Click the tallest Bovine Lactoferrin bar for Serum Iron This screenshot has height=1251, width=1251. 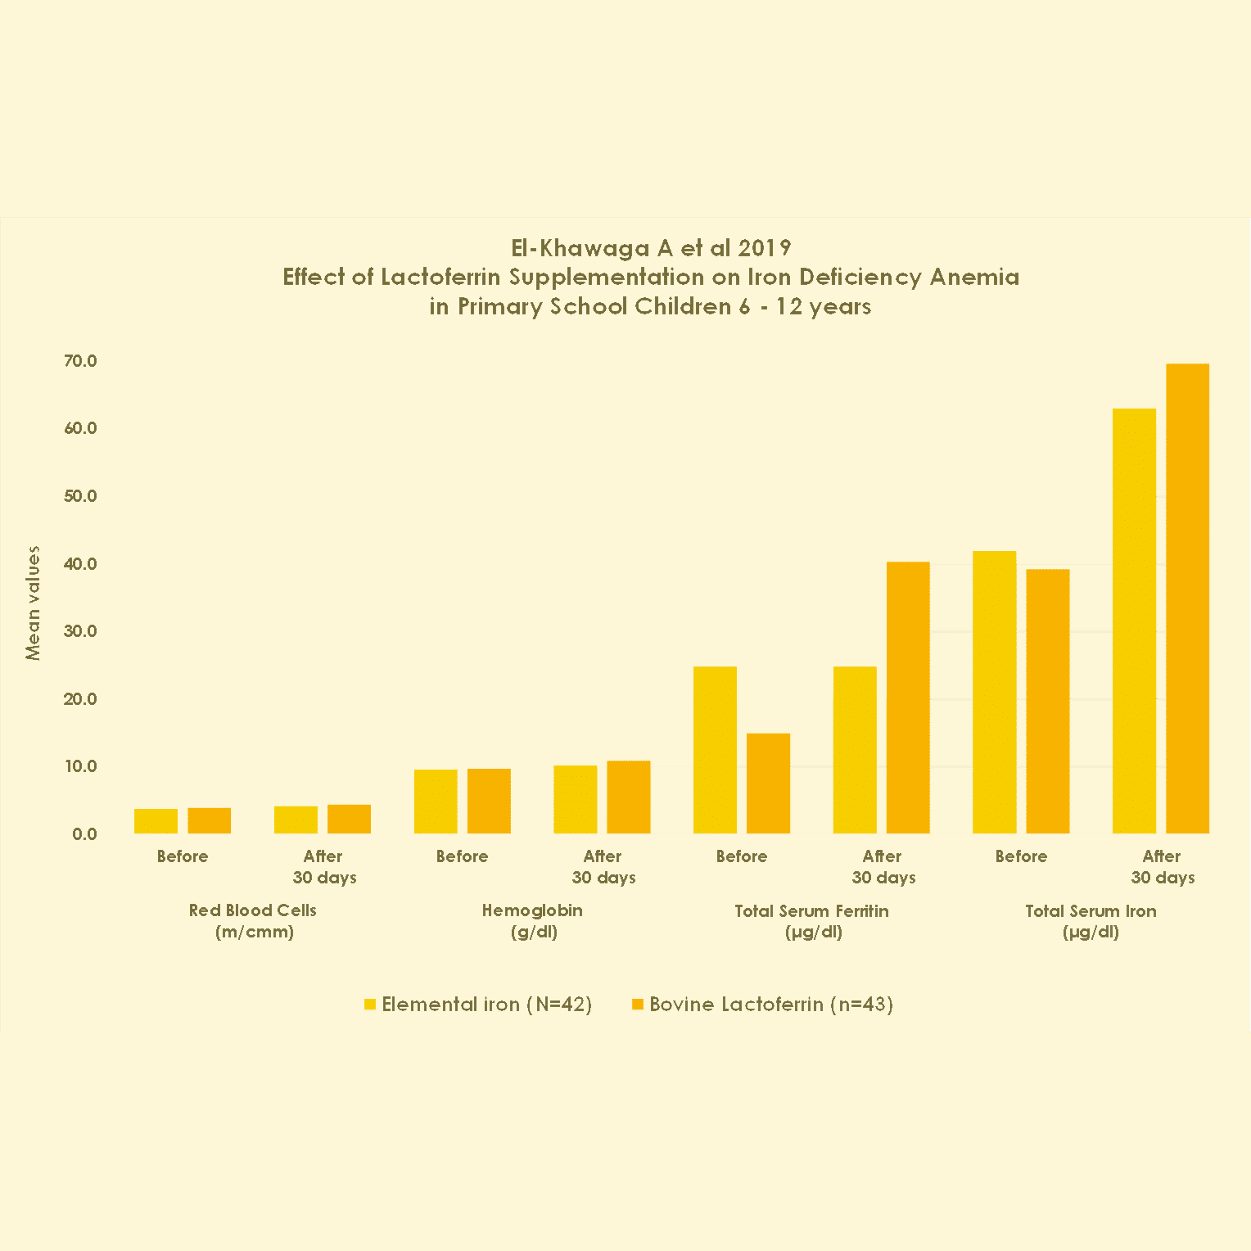(x=1187, y=598)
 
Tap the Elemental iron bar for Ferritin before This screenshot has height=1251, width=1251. (x=715, y=750)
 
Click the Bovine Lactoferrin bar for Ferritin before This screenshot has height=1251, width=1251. (x=768, y=784)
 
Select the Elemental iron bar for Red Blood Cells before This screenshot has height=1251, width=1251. (x=156, y=821)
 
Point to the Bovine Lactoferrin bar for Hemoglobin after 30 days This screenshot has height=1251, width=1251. (x=629, y=797)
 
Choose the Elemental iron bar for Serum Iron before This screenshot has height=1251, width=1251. (x=994, y=692)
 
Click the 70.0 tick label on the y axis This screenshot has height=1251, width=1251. (x=80, y=361)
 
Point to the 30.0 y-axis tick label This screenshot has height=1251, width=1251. (x=80, y=631)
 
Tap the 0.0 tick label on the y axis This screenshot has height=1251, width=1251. (x=84, y=834)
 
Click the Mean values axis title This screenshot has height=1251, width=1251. (x=33, y=603)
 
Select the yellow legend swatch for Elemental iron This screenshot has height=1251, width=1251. (x=370, y=1005)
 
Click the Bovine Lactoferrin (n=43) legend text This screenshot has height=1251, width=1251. (x=770, y=1005)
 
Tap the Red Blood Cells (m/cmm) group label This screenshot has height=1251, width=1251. (x=253, y=921)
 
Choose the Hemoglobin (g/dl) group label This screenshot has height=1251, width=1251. (x=532, y=921)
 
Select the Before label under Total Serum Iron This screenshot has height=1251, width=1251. (x=1021, y=856)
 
